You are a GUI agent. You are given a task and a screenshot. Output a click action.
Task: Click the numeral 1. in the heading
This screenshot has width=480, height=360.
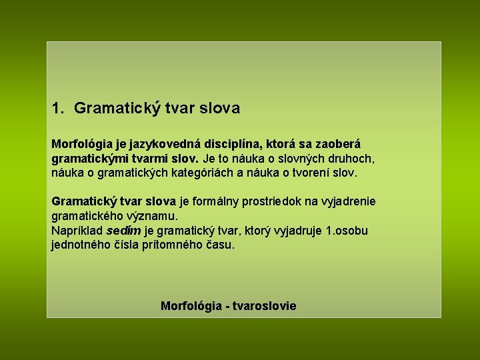tap(59, 107)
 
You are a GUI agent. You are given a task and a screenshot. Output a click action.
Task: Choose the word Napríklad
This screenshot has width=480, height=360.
tap(77, 231)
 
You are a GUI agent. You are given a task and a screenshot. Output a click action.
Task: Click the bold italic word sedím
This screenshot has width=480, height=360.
tap(123, 231)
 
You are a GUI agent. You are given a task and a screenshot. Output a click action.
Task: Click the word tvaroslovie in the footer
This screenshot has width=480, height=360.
tap(265, 306)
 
